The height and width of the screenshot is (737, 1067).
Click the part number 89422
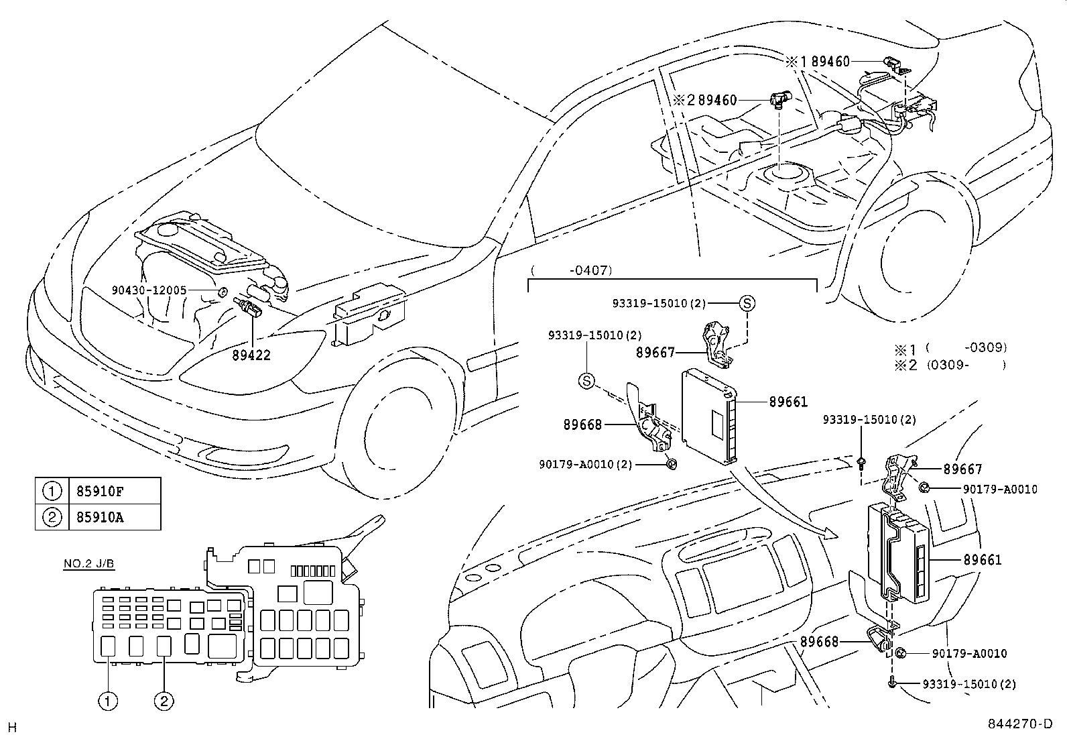point(251,355)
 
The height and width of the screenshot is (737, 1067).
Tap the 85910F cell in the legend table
point(96,491)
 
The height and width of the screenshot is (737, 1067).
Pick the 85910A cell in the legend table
point(96,517)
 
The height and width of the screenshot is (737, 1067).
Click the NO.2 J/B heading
point(88,564)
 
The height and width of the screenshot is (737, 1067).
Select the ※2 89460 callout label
point(705,101)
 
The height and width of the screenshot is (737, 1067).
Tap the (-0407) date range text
point(572,271)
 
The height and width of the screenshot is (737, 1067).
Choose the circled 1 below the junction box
point(109,701)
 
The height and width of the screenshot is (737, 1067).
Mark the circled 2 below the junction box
point(164,701)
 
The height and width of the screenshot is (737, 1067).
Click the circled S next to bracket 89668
point(586,381)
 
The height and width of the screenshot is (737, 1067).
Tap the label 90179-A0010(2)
point(585,464)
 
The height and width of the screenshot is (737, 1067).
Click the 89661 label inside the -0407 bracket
point(788,402)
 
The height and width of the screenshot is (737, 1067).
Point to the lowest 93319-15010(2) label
point(968,684)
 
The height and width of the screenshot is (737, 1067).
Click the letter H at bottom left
point(11,727)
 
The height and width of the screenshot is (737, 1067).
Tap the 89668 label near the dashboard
point(819,642)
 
